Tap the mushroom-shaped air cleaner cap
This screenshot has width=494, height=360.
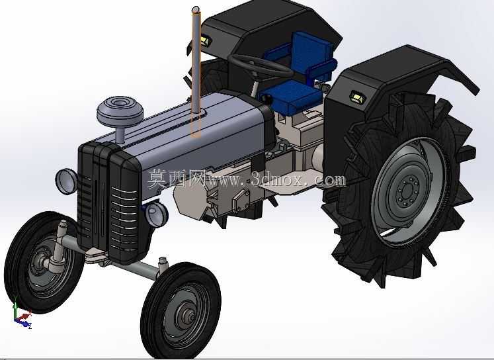click(120, 111)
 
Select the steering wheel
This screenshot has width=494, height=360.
click(261, 66)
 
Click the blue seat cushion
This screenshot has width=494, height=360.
click(290, 96)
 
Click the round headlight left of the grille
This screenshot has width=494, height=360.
click(67, 181)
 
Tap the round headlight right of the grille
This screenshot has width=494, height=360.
click(156, 214)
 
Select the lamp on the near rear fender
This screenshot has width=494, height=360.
click(358, 97)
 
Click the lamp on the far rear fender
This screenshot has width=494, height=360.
click(206, 40)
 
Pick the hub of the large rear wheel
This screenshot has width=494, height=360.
click(408, 189)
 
